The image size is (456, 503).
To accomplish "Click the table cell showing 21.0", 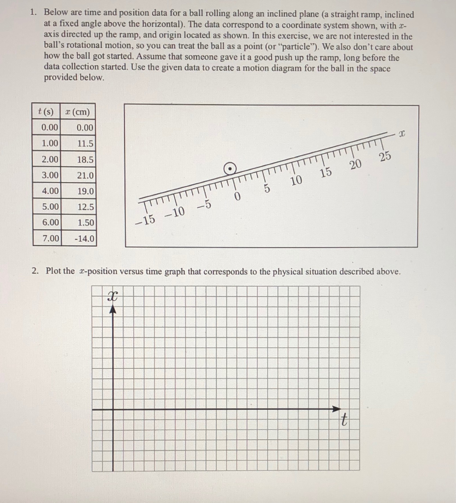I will coord(85,175).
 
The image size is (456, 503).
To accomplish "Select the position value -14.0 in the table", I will coord(85,239).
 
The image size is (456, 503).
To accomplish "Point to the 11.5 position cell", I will coord(85,143).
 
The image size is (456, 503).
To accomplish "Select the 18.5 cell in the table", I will coord(85,160).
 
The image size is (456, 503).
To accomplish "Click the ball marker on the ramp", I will coord(229,169).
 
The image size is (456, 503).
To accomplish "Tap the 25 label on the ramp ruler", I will coord(385,157).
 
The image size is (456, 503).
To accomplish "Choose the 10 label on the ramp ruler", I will coord(296,181).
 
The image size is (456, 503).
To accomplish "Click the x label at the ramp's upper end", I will coord(402,133).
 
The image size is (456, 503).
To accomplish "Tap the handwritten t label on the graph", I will coord(345,420).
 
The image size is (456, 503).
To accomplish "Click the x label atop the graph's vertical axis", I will coord(113,296).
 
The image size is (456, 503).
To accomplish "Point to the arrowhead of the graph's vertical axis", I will coord(113,309).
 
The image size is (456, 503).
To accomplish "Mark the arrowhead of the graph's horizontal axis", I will coord(336,409).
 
